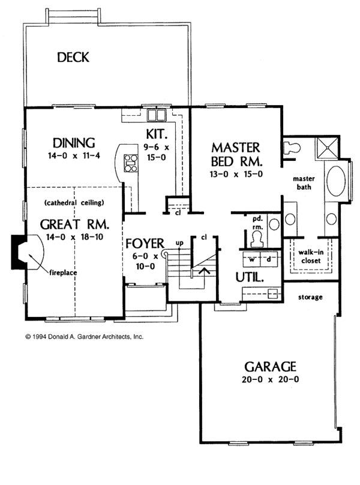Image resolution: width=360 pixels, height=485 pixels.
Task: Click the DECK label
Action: [73, 58]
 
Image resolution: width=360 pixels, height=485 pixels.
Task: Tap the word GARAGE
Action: [270, 366]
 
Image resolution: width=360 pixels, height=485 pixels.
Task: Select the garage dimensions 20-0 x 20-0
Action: [270, 379]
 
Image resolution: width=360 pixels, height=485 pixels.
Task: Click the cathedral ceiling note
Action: [74, 202]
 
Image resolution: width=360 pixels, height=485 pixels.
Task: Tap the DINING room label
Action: [74, 143]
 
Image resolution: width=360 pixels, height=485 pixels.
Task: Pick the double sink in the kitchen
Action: [157, 115]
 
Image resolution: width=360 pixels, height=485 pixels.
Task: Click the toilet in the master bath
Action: [293, 147]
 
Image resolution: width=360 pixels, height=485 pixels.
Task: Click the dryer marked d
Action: [269, 259]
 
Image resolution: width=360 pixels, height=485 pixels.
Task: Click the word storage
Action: [310, 297]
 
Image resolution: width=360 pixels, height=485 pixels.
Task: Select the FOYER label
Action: [145, 244]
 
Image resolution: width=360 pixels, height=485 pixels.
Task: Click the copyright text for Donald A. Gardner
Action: [84, 337]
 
